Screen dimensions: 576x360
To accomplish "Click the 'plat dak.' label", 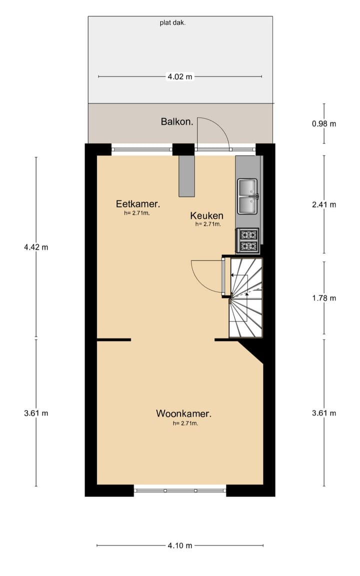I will tap(172, 22).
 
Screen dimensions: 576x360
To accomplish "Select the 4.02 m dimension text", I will tap(179, 76).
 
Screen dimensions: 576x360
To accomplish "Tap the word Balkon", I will tap(177, 121).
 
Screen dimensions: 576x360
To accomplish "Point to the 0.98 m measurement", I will tap(323, 123).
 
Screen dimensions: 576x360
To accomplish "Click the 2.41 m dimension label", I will tap(323, 204).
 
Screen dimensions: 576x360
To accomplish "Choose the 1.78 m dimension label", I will tap(323, 298).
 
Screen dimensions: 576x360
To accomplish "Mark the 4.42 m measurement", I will tap(35, 247).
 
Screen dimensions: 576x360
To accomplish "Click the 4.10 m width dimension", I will tap(180, 545).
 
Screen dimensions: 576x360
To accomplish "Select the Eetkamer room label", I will tap(137, 204).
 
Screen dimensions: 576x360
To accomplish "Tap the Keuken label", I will tap(206, 216).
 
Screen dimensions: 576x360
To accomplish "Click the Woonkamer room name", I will tap(183, 413).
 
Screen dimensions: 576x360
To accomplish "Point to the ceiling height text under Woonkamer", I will tap(185, 423).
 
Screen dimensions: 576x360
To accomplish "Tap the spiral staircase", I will tap(246, 298).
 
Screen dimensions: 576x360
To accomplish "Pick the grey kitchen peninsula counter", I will tap(186, 176).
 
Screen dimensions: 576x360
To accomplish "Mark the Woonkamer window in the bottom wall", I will tap(180, 490).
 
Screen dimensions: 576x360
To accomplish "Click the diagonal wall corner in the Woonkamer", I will tap(251, 350).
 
